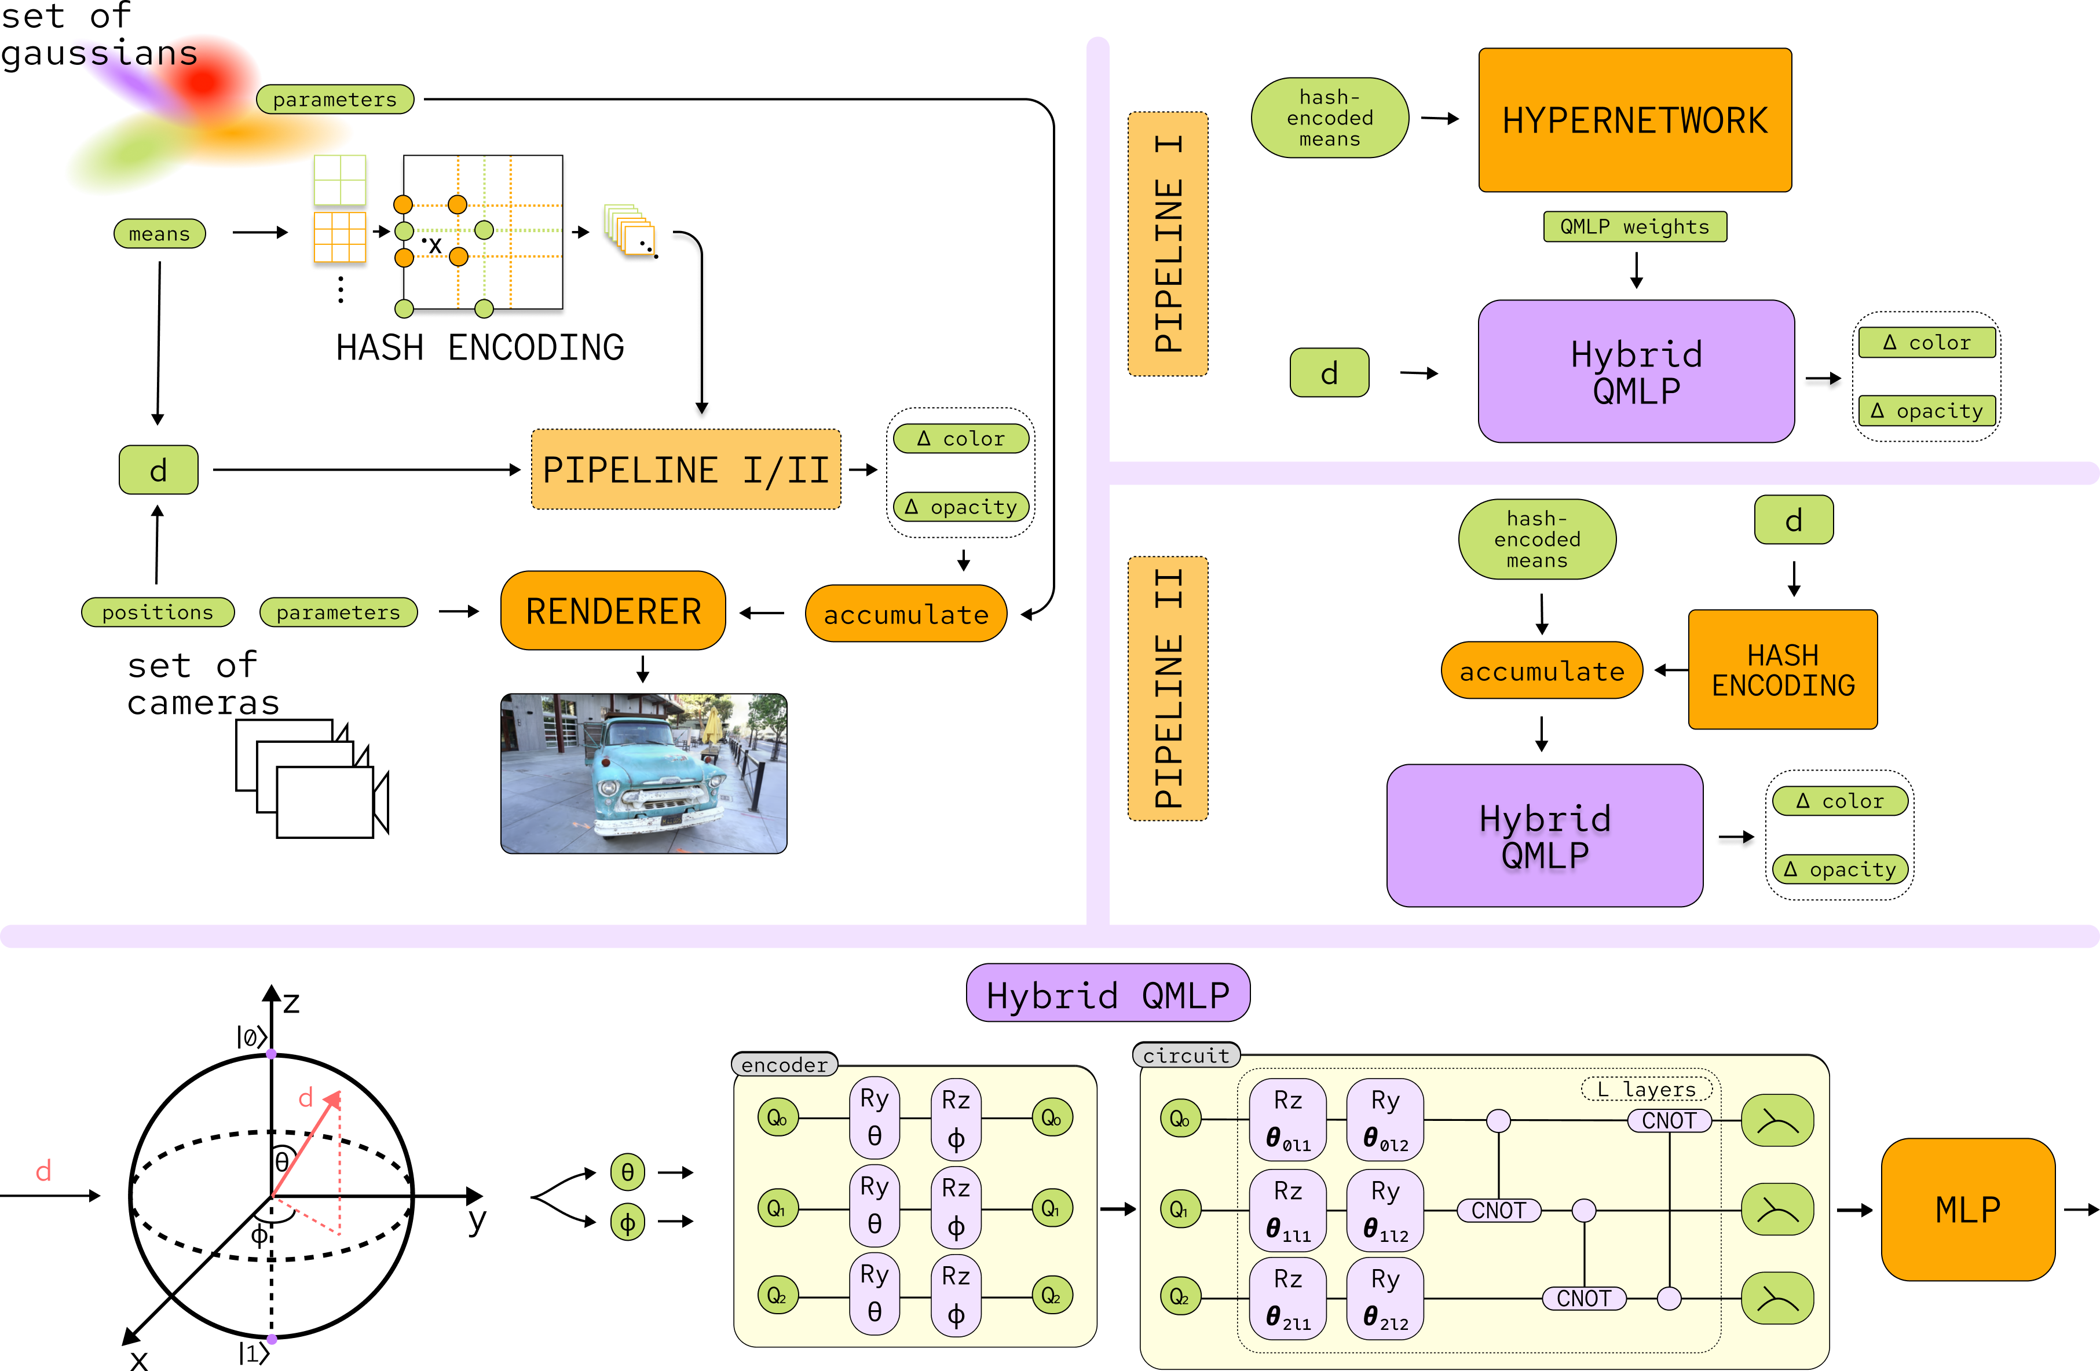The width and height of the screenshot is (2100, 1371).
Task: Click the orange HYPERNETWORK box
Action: pyautogui.click(x=1634, y=120)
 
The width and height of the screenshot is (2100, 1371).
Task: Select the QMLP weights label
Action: pyautogui.click(x=1634, y=227)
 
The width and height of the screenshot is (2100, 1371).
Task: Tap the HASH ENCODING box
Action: pyautogui.click(x=1783, y=670)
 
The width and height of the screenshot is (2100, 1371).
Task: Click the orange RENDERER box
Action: pyautogui.click(x=613, y=610)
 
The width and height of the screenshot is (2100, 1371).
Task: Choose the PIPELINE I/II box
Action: pyautogui.click(x=686, y=470)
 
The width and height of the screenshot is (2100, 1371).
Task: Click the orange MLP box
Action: pyautogui.click(x=1967, y=1209)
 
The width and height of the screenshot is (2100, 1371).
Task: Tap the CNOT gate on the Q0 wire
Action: pyautogui.click(x=1669, y=1120)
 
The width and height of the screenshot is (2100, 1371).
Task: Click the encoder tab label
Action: pyautogui.click(x=784, y=1065)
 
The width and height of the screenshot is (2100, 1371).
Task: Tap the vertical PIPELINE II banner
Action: pyautogui.click(x=1168, y=688)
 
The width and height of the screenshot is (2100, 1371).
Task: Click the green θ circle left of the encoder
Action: pyautogui.click(x=627, y=1172)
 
